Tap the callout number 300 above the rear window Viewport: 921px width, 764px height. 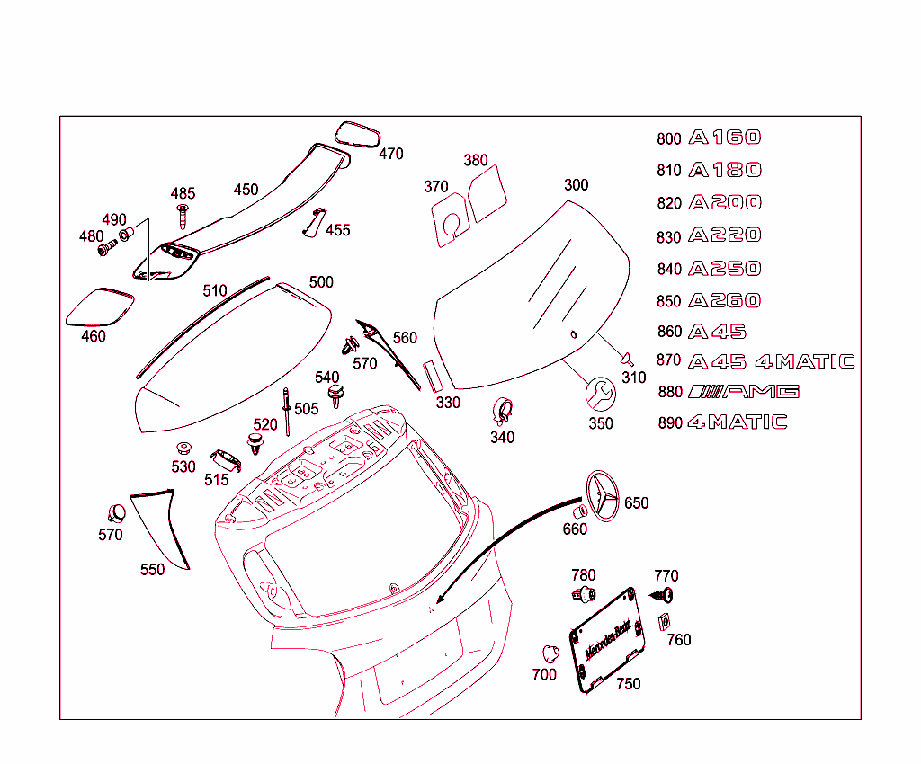pos(577,185)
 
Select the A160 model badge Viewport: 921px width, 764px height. pos(725,138)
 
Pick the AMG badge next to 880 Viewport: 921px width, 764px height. pos(743,391)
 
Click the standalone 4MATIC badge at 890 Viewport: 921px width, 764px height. pos(738,422)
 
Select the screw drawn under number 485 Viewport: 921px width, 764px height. pos(183,216)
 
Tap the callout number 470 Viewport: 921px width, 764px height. pos(391,154)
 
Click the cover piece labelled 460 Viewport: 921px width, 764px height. pos(100,306)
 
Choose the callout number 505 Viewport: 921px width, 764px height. pos(306,409)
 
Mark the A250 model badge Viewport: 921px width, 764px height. pos(725,269)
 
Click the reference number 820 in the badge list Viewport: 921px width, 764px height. pos(669,203)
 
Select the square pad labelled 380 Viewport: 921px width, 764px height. pos(487,194)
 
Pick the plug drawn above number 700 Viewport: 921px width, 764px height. pos(547,653)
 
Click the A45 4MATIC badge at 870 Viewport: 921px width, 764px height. pos(771,362)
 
